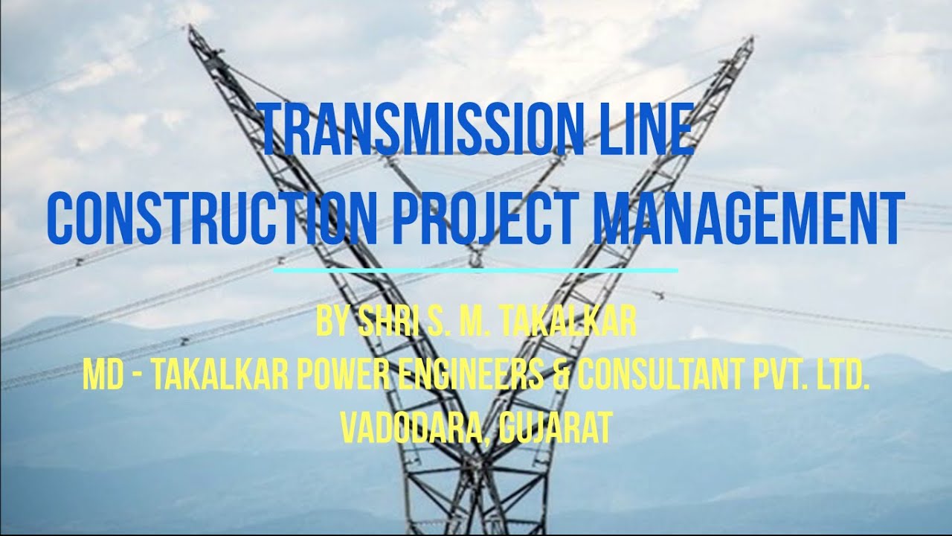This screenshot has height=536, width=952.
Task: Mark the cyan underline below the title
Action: [476, 269]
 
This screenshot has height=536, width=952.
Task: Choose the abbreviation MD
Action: [100, 377]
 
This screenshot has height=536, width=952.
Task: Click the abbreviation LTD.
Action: [844, 377]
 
